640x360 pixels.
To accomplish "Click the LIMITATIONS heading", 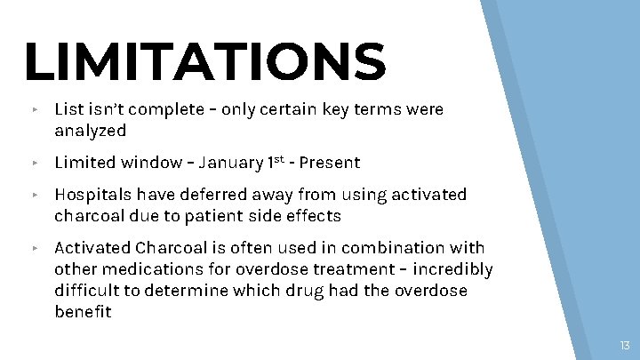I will (205, 60).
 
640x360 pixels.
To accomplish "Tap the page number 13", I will (625, 345).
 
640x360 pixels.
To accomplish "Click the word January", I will (231, 163).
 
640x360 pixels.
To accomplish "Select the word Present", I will (330, 163).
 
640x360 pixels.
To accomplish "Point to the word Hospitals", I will (92, 194).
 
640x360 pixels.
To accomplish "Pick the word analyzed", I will (90, 132).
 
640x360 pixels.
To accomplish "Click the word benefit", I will (83, 312).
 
